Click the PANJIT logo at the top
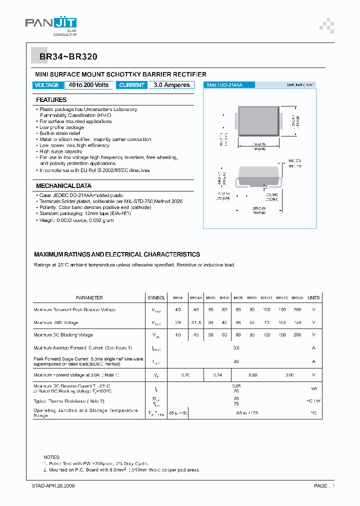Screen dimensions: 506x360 pos(51,24)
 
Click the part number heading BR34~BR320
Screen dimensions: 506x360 pos(61,57)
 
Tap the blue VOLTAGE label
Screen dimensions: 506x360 pos(47,85)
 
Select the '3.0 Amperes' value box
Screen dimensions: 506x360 pos(172,85)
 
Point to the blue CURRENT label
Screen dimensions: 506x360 pos(132,85)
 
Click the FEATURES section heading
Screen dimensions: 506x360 pos(51,100)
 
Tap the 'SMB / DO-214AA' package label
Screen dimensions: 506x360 pos(224,85)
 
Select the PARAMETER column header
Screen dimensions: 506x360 pos(89,297)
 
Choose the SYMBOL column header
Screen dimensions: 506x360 pos(156,297)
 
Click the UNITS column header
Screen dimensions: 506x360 pos(313,297)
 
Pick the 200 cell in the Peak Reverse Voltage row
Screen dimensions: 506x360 pos(297,310)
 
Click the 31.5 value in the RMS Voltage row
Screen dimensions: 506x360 pos(196,322)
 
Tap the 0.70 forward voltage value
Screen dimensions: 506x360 pos(185,374)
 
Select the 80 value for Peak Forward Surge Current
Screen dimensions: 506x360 pos(236,361)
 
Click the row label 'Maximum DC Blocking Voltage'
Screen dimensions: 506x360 pos(63,335)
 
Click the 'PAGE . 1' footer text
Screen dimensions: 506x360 pos(324,485)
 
